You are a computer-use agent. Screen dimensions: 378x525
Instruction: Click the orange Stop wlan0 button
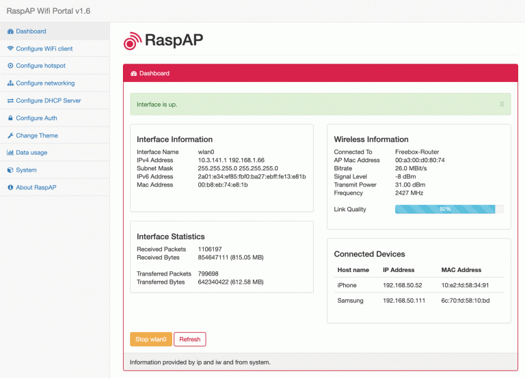(x=150, y=339)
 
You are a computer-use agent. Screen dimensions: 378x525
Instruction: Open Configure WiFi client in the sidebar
(x=44, y=49)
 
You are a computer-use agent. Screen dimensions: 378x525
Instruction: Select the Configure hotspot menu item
(x=40, y=66)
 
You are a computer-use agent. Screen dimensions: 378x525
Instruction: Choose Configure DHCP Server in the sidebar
(x=48, y=100)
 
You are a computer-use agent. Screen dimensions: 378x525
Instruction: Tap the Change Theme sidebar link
(x=37, y=135)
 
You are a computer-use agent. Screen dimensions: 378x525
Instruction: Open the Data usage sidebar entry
(x=31, y=152)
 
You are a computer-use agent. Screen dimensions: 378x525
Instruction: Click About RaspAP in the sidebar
(x=36, y=187)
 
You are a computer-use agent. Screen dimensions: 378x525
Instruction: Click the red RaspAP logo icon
(x=132, y=41)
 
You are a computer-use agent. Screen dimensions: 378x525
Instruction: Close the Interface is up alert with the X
(x=502, y=105)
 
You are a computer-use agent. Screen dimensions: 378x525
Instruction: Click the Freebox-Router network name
(x=417, y=152)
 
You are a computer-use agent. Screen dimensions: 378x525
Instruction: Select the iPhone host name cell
(x=347, y=285)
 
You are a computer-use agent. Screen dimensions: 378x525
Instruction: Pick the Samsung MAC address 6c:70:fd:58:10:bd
(x=465, y=301)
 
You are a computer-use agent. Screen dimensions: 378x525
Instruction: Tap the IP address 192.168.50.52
(x=403, y=285)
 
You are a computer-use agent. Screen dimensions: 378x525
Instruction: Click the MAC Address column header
(x=461, y=270)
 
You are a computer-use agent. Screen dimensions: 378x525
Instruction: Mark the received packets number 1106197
(x=210, y=249)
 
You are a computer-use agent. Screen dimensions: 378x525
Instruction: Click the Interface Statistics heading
(x=171, y=237)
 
